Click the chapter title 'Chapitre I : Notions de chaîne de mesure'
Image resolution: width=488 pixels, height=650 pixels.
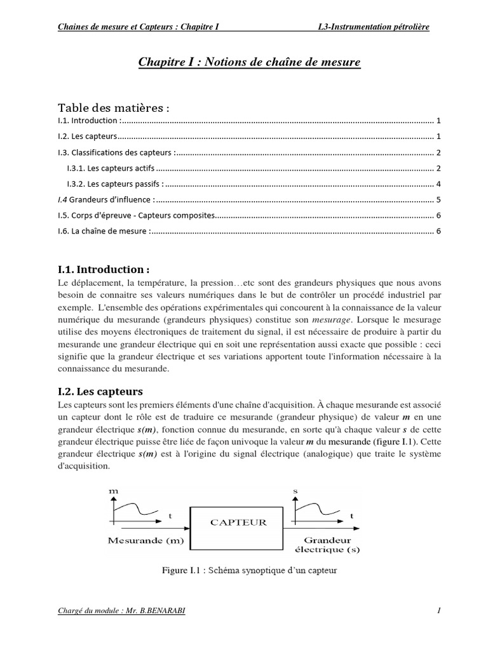click(x=249, y=62)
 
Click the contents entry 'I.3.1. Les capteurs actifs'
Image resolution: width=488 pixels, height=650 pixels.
click(x=111, y=168)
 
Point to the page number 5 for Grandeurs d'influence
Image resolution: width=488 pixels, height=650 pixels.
click(x=438, y=200)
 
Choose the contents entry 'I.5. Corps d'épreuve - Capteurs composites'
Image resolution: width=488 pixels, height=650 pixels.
click(x=137, y=216)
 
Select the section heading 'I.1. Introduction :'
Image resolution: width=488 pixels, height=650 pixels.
click(x=105, y=269)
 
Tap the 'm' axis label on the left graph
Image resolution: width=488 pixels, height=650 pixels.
click(x=114, y=491)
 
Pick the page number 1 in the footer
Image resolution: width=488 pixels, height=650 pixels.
click(x=438, y=611)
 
